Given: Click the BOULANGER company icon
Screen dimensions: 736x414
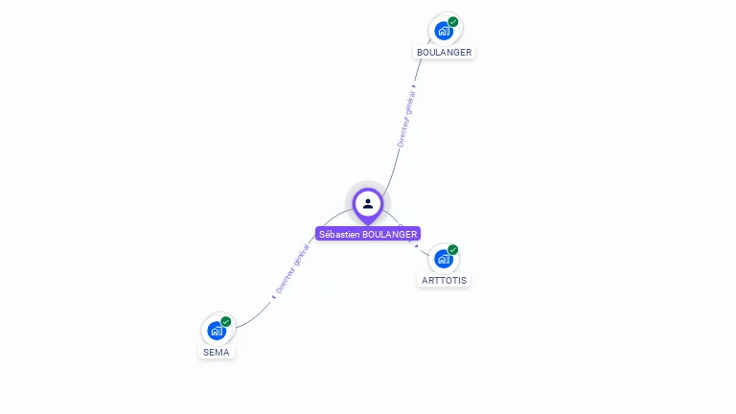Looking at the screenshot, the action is tap(444, 31).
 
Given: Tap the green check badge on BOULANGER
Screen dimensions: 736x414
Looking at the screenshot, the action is tap(453, 22).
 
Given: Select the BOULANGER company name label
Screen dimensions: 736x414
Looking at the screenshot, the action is tap(444, 52).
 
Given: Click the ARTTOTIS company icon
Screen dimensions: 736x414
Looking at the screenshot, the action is tap(444, 259).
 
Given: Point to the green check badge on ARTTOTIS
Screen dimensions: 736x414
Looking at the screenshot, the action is tap(452, 249).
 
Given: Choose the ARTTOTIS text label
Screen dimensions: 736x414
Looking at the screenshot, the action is tap(444, 280).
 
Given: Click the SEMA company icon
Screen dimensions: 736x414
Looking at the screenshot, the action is tap(217, 331).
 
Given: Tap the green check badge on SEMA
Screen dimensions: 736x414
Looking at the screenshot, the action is tap(226, 322).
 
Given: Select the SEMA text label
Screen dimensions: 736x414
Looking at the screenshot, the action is tap(217, 352).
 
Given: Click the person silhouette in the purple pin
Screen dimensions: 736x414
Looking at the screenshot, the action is tap(368, 204).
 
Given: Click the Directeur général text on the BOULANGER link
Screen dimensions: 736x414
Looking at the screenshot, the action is tap(406, 119).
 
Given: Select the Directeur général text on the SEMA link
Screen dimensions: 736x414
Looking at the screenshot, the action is tap(292, 269).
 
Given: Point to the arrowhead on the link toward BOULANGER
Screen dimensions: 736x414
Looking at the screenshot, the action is tap(414, 86).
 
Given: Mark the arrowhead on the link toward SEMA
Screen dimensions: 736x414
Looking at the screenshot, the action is tap(274, 297).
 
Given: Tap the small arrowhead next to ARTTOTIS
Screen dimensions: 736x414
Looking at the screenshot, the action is tap(416, 245).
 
